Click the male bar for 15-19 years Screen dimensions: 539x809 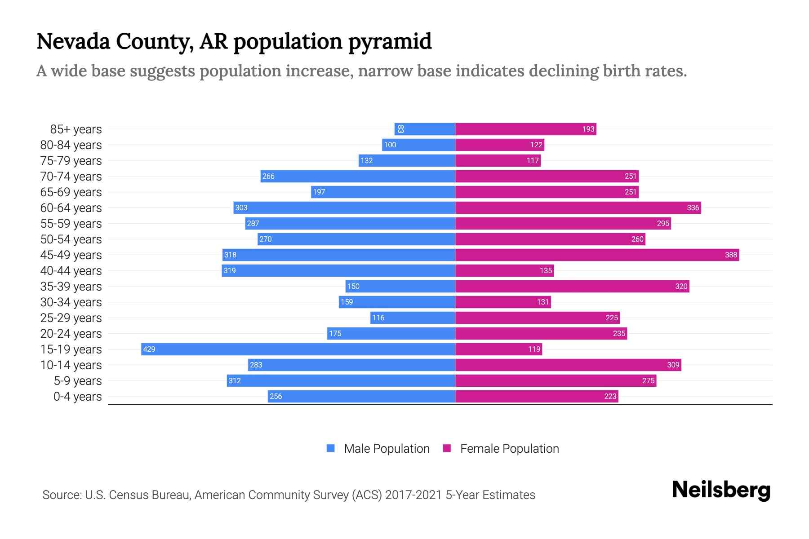(298, 349)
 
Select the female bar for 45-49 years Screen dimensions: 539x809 (597, 255)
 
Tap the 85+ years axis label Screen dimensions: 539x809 (76, 129)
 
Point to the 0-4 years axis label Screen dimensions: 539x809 (77, 397)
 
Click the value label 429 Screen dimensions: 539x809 (149, 349)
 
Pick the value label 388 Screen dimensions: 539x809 (731, 255)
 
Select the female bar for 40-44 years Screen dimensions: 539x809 (504, 270)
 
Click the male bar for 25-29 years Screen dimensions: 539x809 (413, 318)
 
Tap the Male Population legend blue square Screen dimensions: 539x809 (331, 448)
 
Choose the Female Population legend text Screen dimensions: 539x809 (509, 449)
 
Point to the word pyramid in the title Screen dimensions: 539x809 (390, 42)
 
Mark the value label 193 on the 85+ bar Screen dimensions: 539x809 (588, 129)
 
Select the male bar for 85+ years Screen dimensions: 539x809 (425, 129)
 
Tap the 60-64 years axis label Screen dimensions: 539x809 (71, 208)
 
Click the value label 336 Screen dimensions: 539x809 (693, 208)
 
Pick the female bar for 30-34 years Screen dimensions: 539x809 (502, 302)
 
